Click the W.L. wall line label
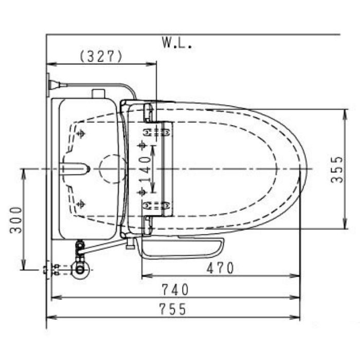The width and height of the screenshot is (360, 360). [x=177, y=43]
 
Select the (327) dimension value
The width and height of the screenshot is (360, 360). [x=101, y=57]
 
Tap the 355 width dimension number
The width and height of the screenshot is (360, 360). [x=337, y=169]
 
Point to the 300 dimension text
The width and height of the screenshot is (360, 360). [x=16, y=220]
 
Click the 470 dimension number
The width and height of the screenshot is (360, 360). [x=220, y=268]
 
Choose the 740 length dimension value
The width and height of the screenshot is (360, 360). [x=175, y=290]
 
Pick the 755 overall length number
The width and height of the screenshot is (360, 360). [x=173, y=309]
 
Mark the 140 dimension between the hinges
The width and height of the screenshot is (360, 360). [x=146, y=169]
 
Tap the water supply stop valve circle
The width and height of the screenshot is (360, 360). [x=80, y=270]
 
